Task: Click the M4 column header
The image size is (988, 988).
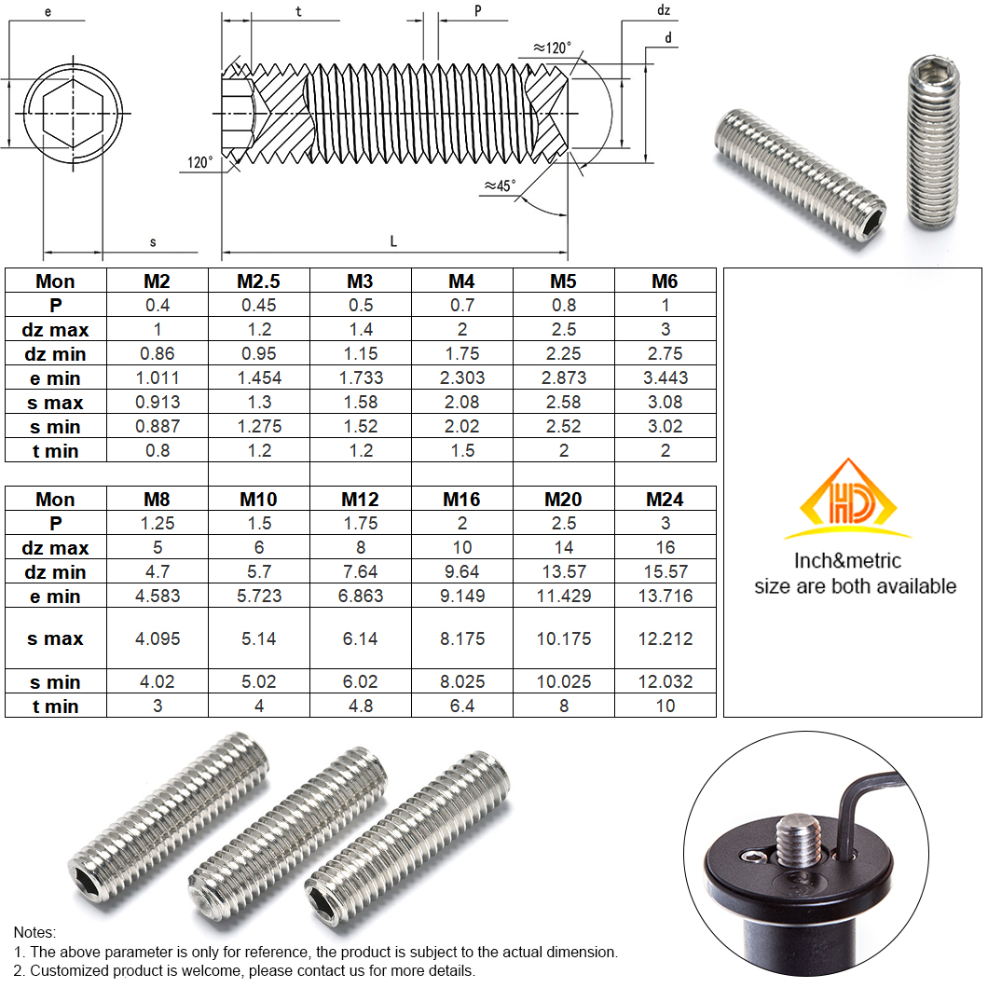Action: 461,281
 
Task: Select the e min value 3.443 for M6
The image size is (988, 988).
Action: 665,377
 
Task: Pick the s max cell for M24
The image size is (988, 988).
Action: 665,638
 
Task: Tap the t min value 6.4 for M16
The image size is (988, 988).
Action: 461,706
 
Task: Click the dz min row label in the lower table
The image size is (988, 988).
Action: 55,572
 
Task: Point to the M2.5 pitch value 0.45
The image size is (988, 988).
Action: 258,305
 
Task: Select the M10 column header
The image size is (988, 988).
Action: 258,500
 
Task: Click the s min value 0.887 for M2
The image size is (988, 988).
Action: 157,426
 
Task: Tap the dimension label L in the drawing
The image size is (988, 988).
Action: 393,241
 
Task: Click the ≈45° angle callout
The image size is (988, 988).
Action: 500,185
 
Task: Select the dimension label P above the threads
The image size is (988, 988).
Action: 477,10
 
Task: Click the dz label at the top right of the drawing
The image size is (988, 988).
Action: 663,11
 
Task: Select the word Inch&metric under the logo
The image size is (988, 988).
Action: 847,561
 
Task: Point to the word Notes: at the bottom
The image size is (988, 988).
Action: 34,932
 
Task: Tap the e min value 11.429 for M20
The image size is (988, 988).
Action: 563,596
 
